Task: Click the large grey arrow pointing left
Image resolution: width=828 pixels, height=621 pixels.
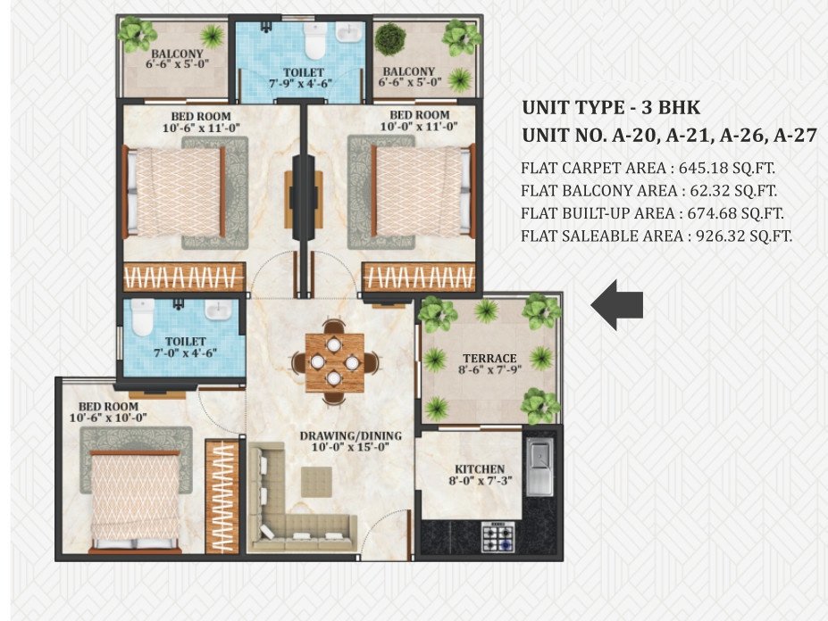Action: tap(617, 305)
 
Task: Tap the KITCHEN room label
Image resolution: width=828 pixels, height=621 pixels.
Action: tap(480, 469)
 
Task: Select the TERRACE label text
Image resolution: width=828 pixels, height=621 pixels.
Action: tap(483, 358)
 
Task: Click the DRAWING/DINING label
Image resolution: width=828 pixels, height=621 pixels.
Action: tap(350, 435)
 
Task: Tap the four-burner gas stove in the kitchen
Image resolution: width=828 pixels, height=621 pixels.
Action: tap(498, 536)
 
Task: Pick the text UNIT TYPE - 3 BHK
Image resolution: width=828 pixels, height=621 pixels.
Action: tap(611, 108)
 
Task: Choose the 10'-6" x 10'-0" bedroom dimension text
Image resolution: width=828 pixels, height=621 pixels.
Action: tap(106, 418)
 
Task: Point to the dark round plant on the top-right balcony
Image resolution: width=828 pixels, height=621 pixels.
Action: tap(390, 38)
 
